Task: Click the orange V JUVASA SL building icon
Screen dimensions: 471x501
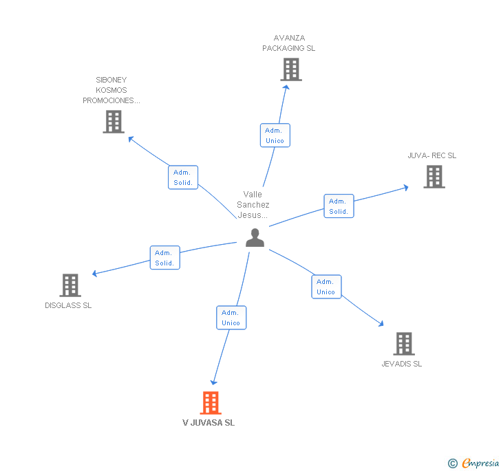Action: (211, 403)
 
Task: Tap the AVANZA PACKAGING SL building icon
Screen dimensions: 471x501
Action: (291, 69)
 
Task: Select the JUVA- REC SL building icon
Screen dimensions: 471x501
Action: (434, 177)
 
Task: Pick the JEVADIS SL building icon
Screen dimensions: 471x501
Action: (403, 344)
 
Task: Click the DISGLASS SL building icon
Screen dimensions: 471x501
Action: (70, 285)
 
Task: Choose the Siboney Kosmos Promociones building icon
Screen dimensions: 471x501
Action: (113, 122)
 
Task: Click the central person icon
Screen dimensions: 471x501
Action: (255, 237)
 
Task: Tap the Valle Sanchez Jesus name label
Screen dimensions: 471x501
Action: (253, 205)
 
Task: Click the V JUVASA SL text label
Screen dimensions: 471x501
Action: (209, 423)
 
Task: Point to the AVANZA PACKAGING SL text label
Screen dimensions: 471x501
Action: (289, 43)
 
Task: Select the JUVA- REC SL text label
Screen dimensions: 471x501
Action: (432, 155)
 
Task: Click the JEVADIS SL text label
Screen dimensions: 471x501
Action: (402, 364)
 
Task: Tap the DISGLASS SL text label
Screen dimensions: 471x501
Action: (68, 305)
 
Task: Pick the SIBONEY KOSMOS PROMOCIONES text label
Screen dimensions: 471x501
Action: (111, 90)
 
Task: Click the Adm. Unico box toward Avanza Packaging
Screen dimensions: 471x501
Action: (275, 135)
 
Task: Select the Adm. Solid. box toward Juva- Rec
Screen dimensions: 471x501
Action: (339, 206)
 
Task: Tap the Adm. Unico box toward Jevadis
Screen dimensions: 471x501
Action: (326, 287)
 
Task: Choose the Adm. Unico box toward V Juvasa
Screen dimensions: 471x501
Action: (231, 318)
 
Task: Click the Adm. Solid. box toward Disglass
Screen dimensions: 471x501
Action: (164, 258)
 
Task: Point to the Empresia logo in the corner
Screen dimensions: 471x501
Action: (474, 463)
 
